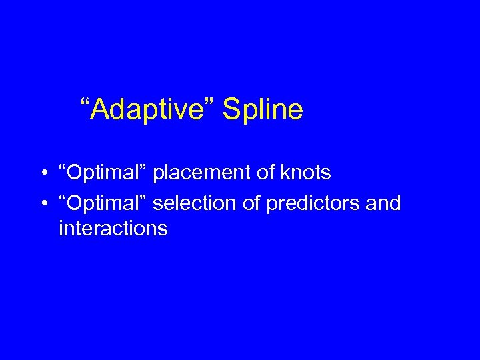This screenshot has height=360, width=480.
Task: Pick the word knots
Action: (306, 173)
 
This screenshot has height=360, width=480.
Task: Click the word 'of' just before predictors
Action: (253, 203)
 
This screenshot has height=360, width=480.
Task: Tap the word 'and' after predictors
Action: (384, 203)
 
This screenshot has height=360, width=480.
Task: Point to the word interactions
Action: (113, 229)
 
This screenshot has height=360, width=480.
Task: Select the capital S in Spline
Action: (231, 109)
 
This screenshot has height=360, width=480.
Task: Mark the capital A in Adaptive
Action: (99, 109)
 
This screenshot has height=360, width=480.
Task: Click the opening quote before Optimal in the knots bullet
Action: (62, 167)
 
